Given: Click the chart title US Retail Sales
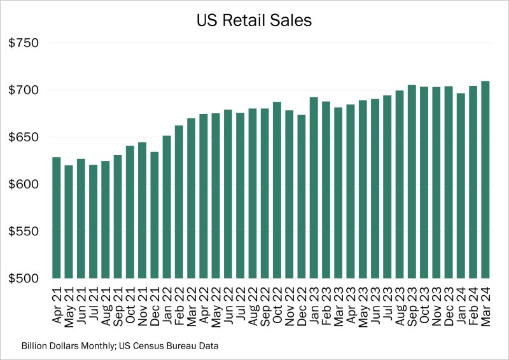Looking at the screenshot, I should (x=254, y=20).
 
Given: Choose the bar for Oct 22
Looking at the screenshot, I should (x=277, y=190).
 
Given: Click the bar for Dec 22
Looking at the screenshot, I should (x=302, y=197).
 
